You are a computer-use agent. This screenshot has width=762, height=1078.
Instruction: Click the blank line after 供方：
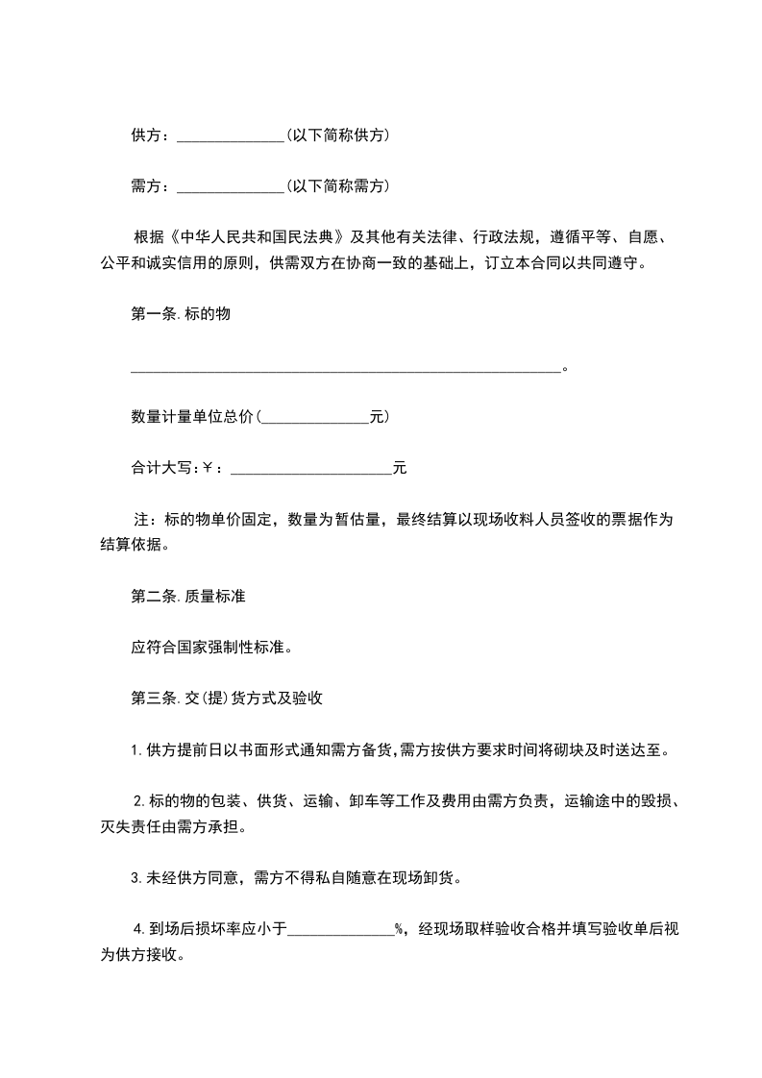point(231,137)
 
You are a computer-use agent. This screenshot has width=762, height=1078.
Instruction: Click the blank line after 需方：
point(231,186)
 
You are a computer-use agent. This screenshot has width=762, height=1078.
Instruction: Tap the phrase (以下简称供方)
point(337,136)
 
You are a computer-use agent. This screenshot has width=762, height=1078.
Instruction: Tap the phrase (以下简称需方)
point(337,185)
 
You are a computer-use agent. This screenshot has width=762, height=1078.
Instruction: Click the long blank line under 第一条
point(345,367)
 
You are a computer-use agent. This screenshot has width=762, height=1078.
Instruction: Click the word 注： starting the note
point(144,521)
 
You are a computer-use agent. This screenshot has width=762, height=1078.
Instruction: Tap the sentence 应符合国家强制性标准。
point(210,647)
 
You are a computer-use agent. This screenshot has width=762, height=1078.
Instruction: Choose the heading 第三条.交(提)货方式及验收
point(225,698)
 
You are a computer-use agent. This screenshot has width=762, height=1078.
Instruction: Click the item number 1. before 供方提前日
point(136,750)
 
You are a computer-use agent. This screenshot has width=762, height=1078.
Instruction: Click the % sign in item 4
point(399,928)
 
